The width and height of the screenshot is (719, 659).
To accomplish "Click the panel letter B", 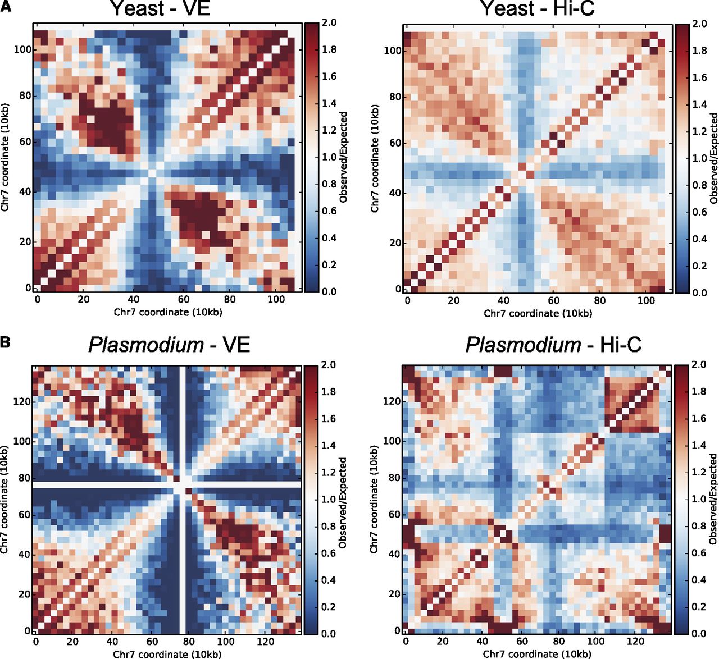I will tap(6, 341).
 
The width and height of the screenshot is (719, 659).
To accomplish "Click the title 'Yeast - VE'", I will tap(160, 8).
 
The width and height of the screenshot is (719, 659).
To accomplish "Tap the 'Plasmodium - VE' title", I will tap(169, 344).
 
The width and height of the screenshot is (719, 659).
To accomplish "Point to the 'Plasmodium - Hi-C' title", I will tap(553, 344).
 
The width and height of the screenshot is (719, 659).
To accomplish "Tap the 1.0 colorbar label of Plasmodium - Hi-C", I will tap(699, 499).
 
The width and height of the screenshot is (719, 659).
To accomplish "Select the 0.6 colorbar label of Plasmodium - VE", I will tap(329, 553).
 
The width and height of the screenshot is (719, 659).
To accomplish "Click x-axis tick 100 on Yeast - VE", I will tap(276, 299).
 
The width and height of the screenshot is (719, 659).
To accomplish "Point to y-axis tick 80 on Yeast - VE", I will tap(25, 95).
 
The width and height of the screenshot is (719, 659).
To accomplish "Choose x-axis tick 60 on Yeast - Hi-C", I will tap(554, 300).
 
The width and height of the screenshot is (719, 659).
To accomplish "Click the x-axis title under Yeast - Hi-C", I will tap(538, 313).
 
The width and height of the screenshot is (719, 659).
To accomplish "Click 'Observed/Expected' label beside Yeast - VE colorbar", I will tap(344, 157).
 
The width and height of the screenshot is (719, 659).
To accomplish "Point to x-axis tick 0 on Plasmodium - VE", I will tap(36, 642).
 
